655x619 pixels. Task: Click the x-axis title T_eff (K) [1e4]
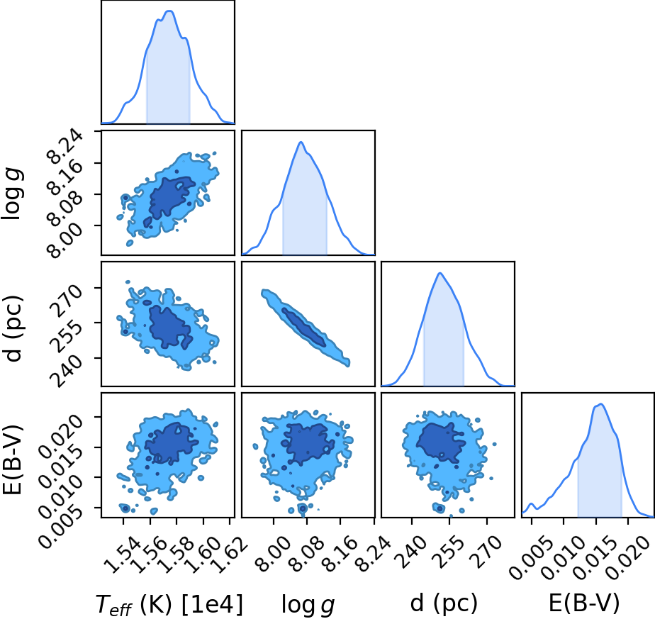point(169,604)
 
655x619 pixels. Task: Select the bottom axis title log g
point(308,605)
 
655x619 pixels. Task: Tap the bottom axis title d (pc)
point(444,603)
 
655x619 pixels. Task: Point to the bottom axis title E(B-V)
point(583,603)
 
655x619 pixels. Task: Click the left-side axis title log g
point(13,194)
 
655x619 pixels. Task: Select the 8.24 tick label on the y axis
point(65,145)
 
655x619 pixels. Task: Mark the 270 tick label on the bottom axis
point(487,552)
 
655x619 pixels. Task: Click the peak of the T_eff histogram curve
point(169,11)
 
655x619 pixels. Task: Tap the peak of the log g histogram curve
point(301,142)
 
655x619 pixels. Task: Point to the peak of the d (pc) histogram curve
point(440,273)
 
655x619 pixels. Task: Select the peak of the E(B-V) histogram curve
point(600,403)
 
